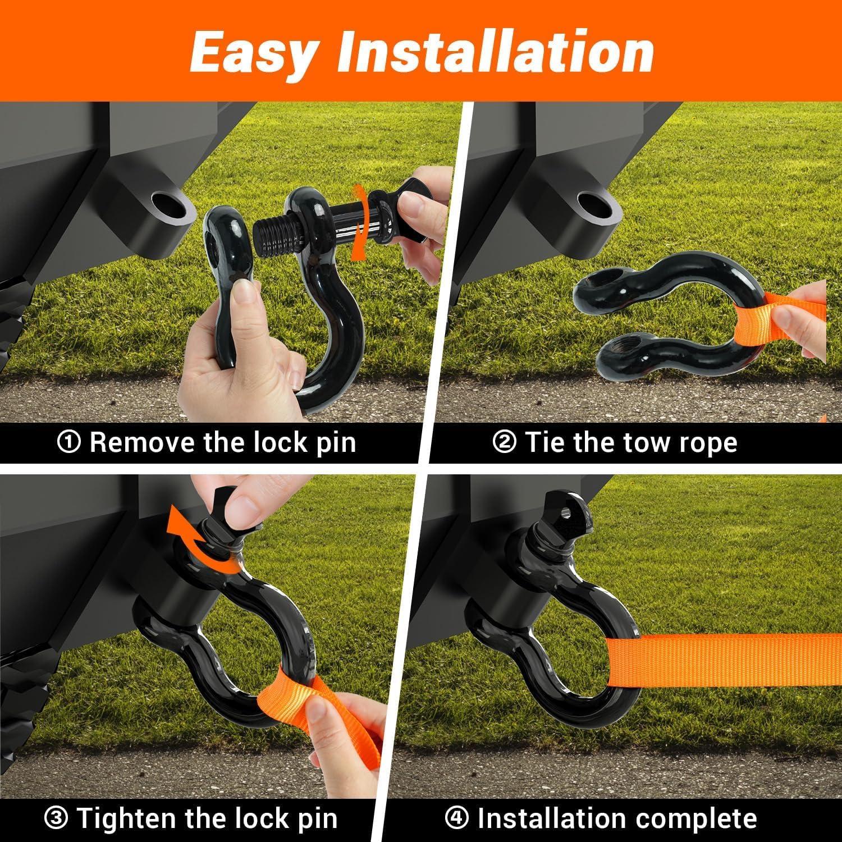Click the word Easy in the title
252,52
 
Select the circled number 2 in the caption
504,443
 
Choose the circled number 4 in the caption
456,818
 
